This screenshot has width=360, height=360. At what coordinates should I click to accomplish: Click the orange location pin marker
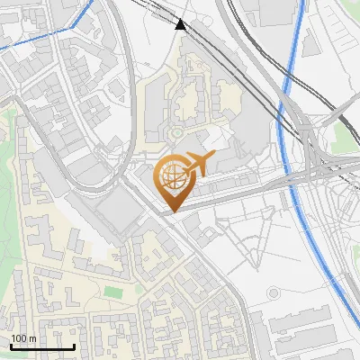[x=173, y=184]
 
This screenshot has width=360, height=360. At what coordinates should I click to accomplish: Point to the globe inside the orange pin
[x=172, y=176]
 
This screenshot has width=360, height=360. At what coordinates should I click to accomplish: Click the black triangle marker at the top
[x=181, y=24]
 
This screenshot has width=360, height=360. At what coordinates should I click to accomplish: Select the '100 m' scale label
[x=23, y=338]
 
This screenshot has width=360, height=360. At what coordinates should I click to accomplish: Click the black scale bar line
[x=41, y=346]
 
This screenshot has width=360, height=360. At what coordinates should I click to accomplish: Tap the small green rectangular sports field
[x=112, y=292]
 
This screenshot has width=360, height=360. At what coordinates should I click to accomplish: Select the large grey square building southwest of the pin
[x=116, y=215]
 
